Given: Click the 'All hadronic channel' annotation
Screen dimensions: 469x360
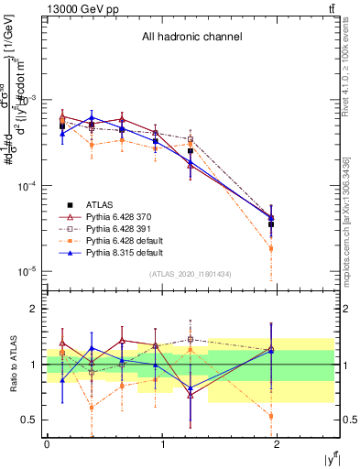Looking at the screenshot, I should point(191,38).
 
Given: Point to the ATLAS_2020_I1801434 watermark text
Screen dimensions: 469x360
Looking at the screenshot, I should point(191,274).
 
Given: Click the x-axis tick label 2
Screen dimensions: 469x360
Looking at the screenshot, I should point(279,443).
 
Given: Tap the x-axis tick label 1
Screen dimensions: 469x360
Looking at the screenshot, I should point(163,443).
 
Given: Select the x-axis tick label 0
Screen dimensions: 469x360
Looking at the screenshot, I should point(47,443).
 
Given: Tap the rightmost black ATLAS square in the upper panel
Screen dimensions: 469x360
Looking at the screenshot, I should point(270,224).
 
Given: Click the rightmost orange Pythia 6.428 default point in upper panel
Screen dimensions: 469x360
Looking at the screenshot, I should point(270,248).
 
